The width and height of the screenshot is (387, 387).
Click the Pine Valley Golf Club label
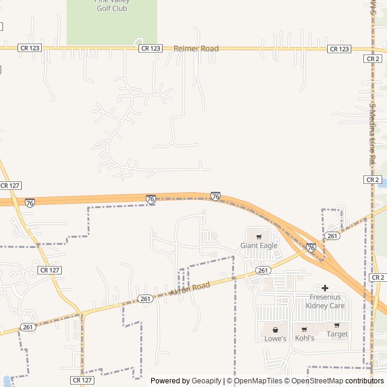point(111,5)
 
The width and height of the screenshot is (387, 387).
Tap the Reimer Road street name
point(196,48)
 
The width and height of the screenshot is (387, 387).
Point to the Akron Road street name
point(190,289)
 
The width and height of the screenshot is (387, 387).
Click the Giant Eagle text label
point(259,246)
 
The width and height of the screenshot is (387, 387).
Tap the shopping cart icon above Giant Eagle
point(259,236)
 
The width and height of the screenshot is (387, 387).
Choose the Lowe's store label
point(275,339)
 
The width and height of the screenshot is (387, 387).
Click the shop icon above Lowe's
point(276,330)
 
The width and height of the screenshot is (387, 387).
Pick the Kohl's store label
point(305,338)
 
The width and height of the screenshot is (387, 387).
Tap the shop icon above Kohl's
point(304,329)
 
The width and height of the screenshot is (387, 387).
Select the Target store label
point(337,334)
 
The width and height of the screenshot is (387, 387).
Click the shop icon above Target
point(337,325)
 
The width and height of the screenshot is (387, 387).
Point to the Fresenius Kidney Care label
point(327,301)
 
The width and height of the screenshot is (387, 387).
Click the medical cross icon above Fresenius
point(325,288)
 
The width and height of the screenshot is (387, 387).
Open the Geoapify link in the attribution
point(206,381)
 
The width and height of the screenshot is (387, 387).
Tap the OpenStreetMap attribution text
point(317,381)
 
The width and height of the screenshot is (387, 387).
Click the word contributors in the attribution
point(365,381)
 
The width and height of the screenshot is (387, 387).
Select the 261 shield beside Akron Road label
point(145,299)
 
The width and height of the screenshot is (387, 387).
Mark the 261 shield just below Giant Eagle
point(262,270)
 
